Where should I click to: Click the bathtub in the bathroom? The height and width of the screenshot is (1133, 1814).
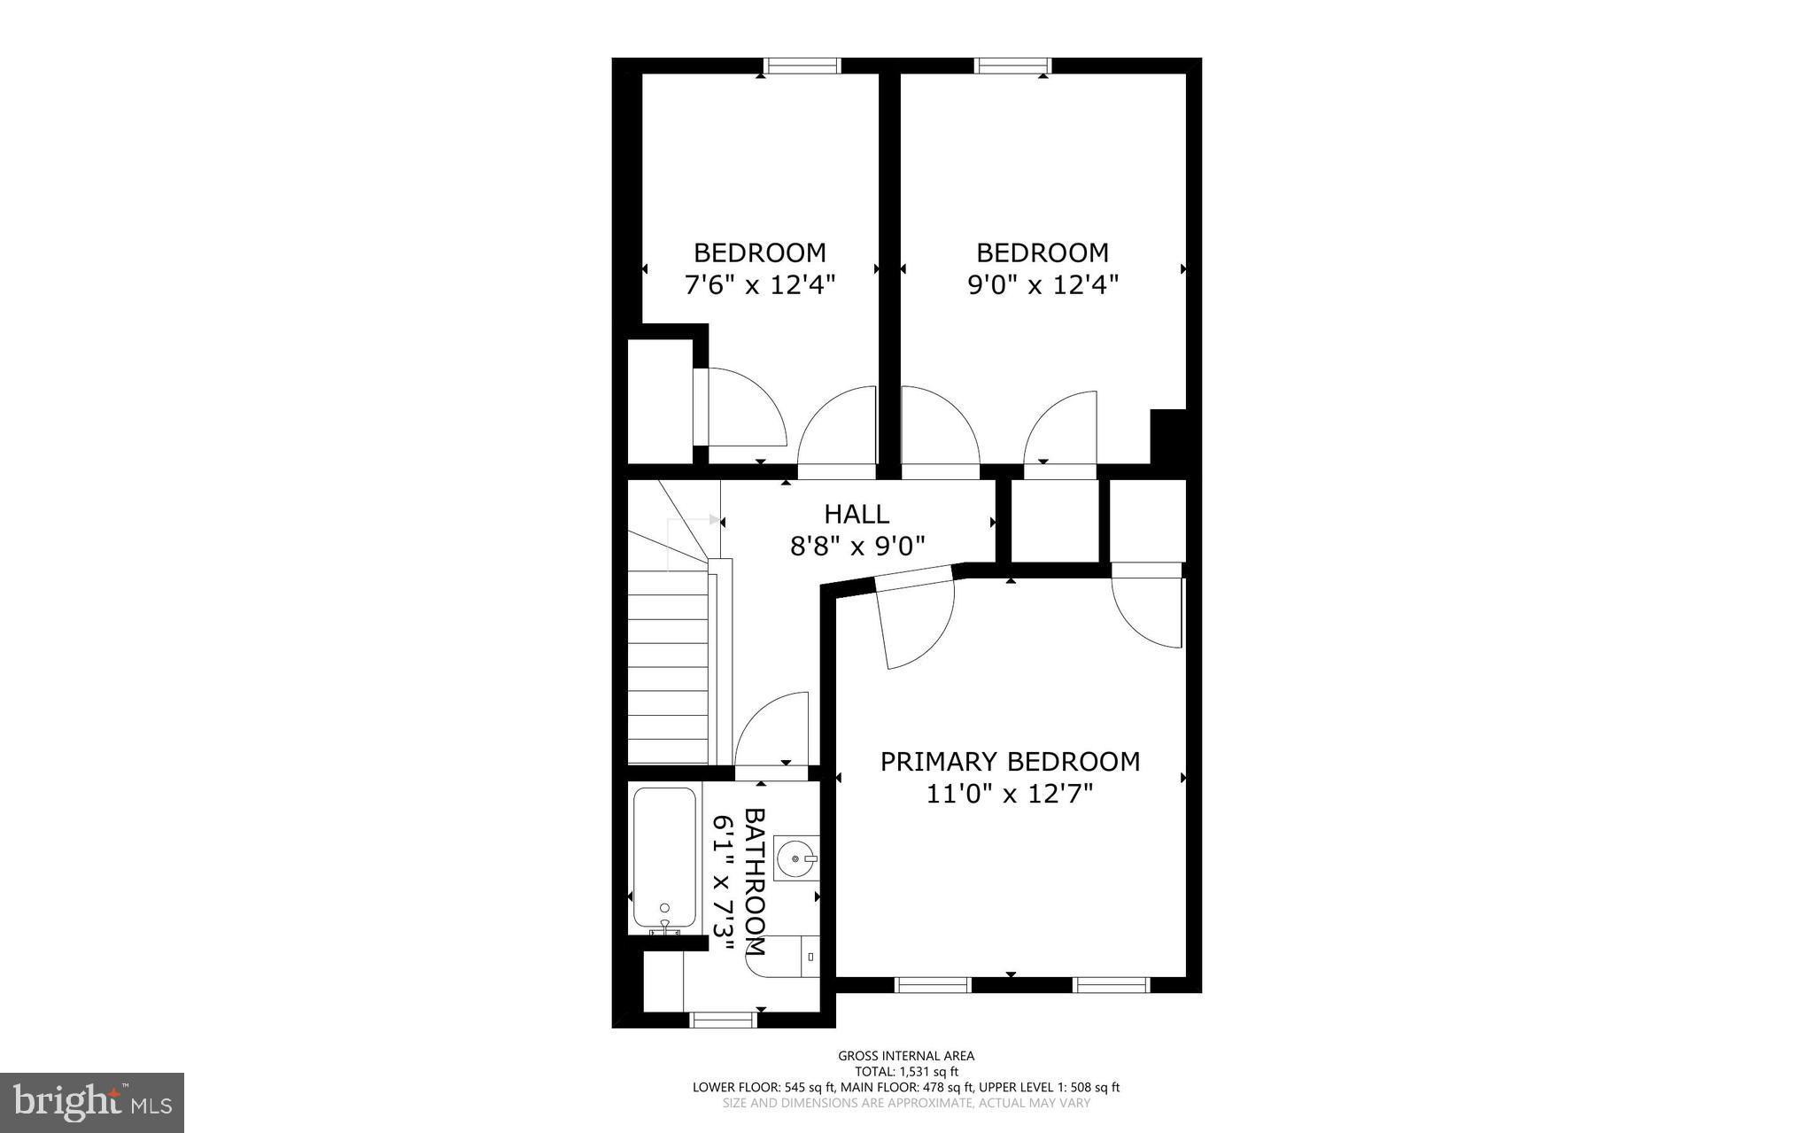click(664, 857)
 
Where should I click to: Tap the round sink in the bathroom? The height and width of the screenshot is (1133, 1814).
click(795, 858)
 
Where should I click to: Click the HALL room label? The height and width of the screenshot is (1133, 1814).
click(857, 514)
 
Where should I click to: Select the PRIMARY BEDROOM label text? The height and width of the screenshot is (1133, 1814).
click(1010, 762)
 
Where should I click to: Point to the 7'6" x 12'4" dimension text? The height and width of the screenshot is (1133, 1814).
click(760, 285)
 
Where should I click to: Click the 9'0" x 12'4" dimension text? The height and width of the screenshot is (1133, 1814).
click(1043, 285)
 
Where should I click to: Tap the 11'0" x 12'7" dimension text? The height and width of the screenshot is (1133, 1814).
click(1010, 794)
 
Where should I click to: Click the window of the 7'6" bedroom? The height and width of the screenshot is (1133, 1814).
click(802, 66)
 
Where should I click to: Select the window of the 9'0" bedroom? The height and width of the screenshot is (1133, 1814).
click(1012, 66)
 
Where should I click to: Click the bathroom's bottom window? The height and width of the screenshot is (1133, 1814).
click(722, 1020)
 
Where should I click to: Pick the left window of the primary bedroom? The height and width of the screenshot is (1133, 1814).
click(933, 984)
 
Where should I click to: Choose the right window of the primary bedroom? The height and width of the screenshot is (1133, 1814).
click(1112, 984)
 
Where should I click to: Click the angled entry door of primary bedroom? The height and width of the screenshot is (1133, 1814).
click(912, 620)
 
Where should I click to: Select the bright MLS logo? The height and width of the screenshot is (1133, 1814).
click(92, 1103)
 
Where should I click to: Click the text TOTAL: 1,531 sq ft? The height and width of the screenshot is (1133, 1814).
click(906, 1071)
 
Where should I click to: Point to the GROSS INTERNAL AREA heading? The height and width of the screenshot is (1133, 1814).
click(906, 1055)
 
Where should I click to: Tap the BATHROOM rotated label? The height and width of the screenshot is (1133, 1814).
click(754, 881)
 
